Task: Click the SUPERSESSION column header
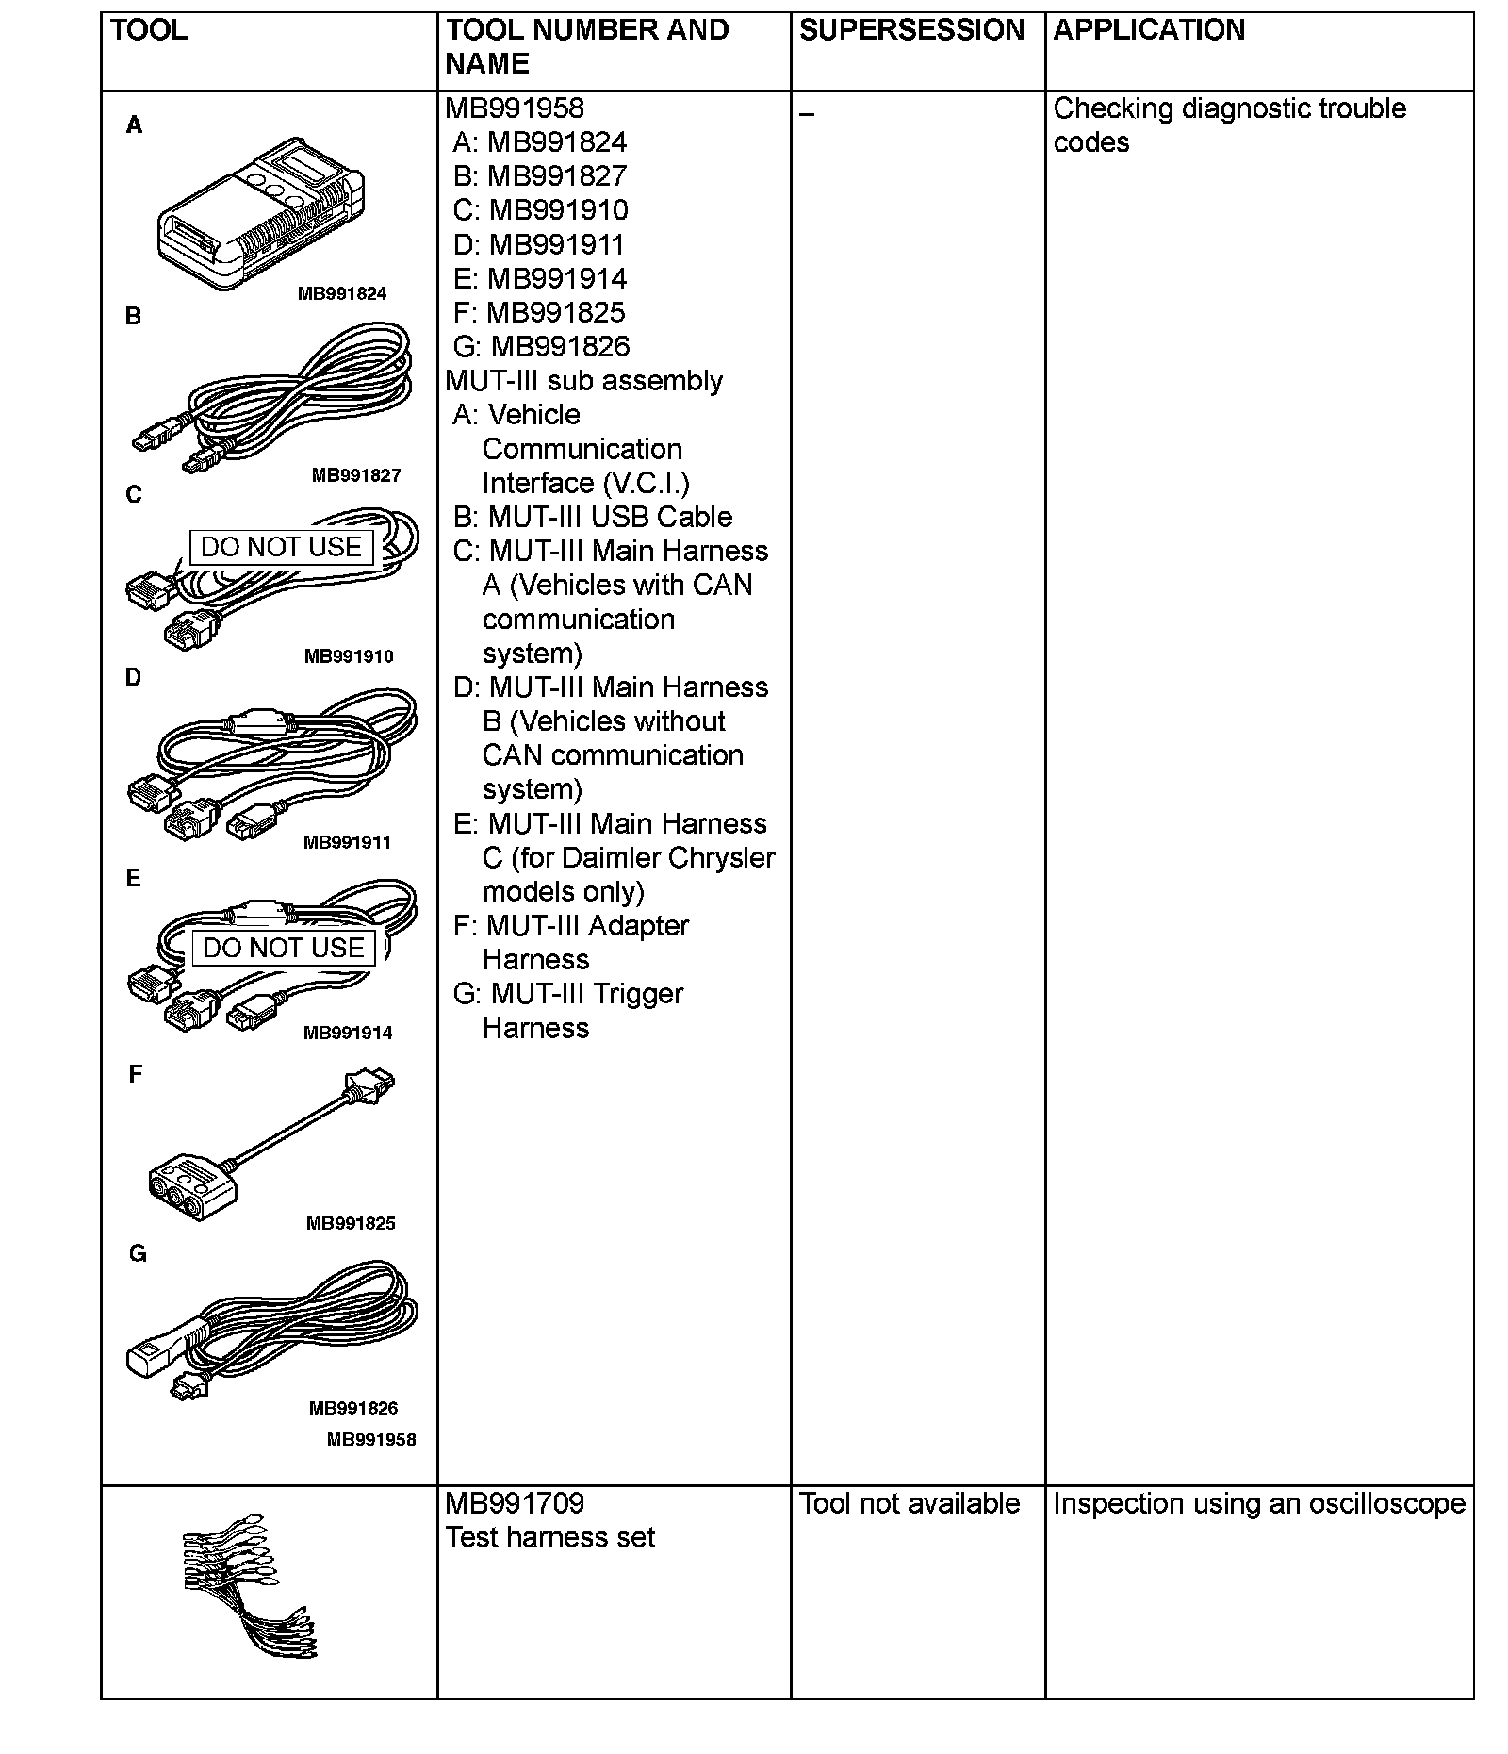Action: (x=911, y=30)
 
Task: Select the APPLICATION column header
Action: (x=1149, y=30)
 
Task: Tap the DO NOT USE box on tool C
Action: (x=282, y=547)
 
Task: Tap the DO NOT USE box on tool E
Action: (x=284, y=948)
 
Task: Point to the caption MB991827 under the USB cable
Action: (x=356, y=475)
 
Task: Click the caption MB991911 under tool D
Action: (x=347, y=842)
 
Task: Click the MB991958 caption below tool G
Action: (x=371, y=1439)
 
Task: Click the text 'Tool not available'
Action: (x=910, y=1503)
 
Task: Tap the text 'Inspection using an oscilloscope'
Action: (x=1259, y=1503)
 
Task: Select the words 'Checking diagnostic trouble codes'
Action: (x=1229, y=124)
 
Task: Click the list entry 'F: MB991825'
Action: (x=539, y=312)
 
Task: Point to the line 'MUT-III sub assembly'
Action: (x=584, y=381)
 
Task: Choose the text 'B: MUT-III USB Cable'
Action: (x=593, y=517)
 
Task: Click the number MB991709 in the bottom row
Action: (x=515, y=1503)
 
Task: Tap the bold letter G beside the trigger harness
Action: (x=138, y=1253)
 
